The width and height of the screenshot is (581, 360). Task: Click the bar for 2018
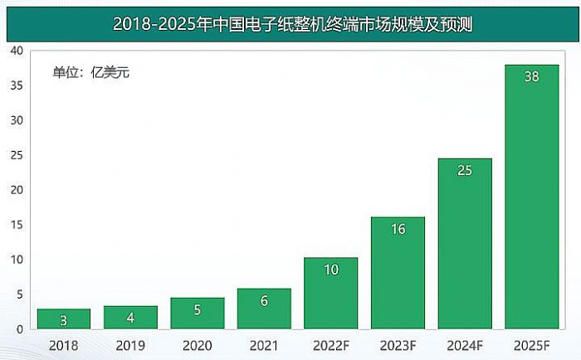pyautogui.click(x=64, y=319)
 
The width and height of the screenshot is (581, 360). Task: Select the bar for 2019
pyautogui.click(x=130, y=317)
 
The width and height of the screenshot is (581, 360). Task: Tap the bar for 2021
pyautogui.click(x=264, y=309)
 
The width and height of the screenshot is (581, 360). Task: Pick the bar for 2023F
pyautogui.click(x=398, y=274)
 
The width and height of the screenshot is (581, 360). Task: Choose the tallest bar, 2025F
pyautogui.click(x=532, y=199)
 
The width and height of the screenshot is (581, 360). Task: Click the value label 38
pyautogui.click(x=532, y=76)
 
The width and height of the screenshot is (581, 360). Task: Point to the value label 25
pyautogui.click(x=465, y=171)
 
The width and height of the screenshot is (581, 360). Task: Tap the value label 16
pyautogui.click(x=398, y=229)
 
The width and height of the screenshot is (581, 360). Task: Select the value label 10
pyautogui.click(x=330, y=270)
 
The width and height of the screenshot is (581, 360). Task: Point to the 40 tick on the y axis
pyautogui.click(x=17, y=51)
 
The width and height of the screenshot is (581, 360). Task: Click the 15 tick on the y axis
pyautogui.click(x=17, y=225)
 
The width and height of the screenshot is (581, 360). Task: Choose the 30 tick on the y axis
pyautogui.click(x=17, y=120)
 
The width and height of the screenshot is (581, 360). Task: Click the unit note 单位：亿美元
pyautogui.click(x=91, y=72)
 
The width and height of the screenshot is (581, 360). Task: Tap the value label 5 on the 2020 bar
pyautogui.click(x=197, y=310)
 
